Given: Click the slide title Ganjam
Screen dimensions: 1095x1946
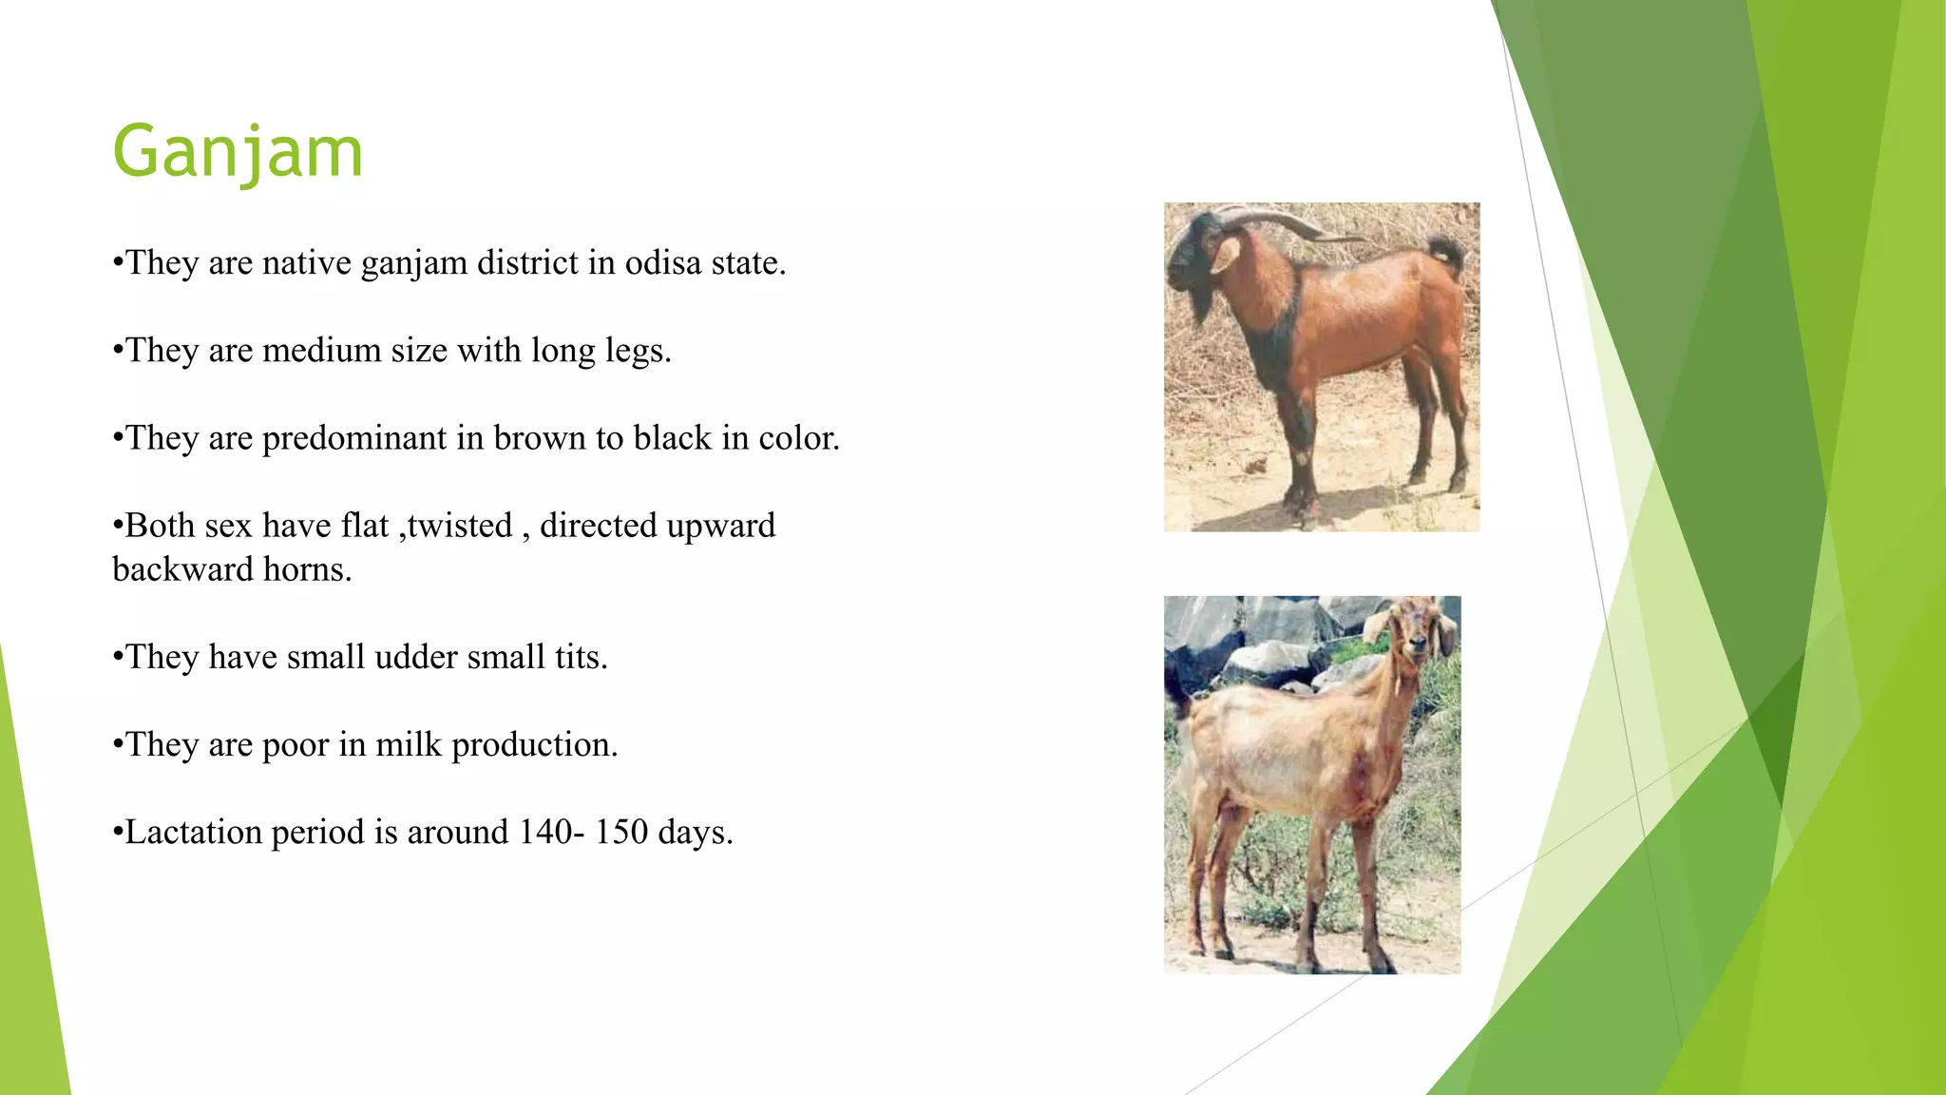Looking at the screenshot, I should pos(238,152).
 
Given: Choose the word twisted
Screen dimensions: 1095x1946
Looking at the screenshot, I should pos(459,526).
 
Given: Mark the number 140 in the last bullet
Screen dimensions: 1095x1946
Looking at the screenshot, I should pos(545,832).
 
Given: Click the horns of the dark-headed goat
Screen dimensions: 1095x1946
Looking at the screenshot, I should pos(1283,221).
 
